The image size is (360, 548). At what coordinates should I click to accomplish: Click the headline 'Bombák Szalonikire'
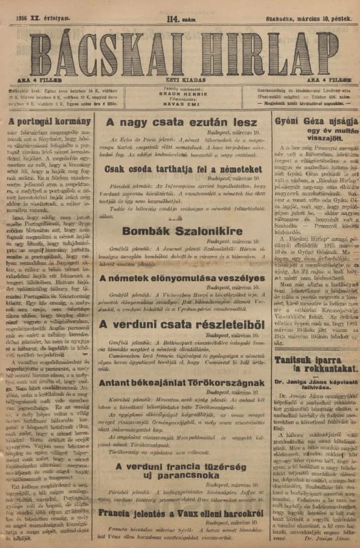[182, 230]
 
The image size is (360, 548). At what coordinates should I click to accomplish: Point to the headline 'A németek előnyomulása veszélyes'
[182, 278]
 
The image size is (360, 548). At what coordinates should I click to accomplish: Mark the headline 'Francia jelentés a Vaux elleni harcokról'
[182, 512]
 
